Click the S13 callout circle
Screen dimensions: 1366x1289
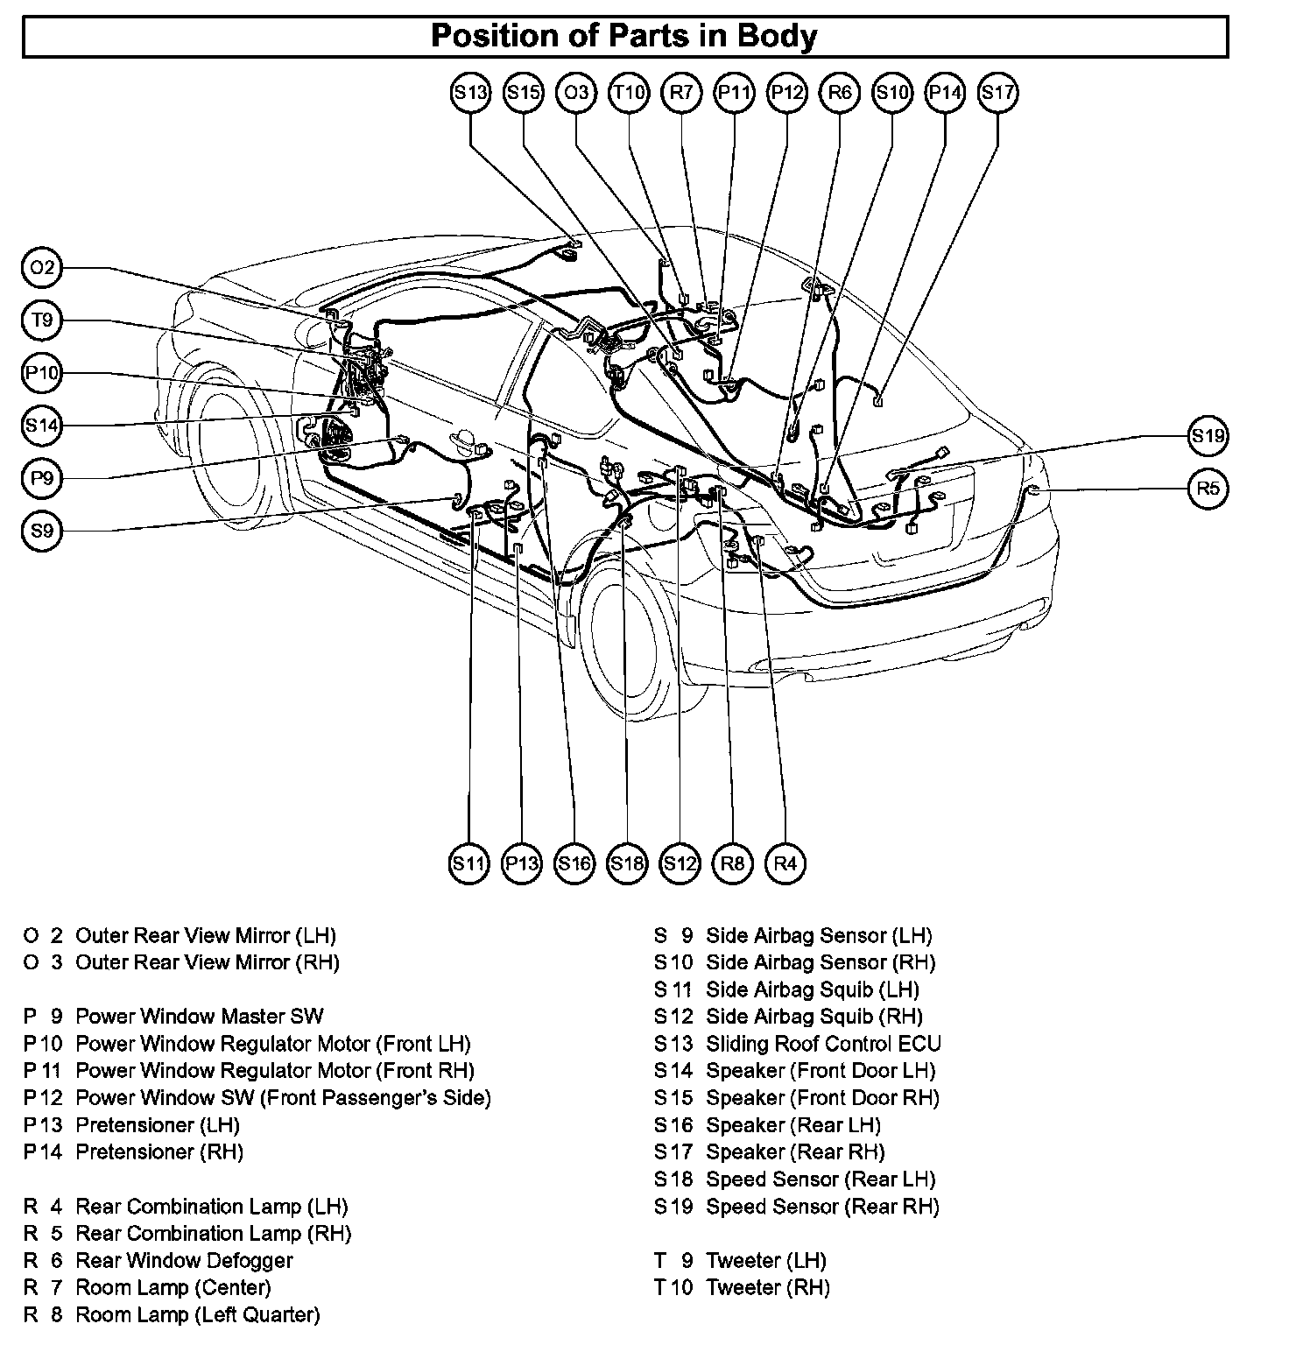click(x=470, y=93)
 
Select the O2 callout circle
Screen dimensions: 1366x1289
click(x=41, y=268)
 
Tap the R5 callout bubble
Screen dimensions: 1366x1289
click(x=1208, y=488)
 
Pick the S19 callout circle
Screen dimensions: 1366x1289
click(x=1208, y=435)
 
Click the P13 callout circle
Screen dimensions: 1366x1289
click(x=522, y=864)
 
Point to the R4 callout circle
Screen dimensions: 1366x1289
click(x=785, y=864)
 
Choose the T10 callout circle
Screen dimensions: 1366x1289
click(x=629, y=93)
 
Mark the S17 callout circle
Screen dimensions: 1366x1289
click(x=997, y=93)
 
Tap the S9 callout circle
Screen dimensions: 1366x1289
click(x=41, y=531)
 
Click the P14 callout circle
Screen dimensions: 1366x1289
click(x=945, y=93)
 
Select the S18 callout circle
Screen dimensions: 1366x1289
click(x=627, y=864)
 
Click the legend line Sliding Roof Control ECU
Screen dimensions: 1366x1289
click(x=823, y=1044)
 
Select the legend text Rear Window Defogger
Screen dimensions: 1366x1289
click(x=184, y=1261)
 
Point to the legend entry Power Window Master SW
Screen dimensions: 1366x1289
click(x=199, y=1017)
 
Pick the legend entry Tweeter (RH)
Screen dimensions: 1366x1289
click(x=767, y=1288)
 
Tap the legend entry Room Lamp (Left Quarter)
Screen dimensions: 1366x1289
click(x=197, y=1315)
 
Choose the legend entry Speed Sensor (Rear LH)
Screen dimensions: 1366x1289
click(x=821, y=1179)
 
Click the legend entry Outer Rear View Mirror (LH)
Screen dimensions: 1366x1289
click(x=205, y=935)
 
